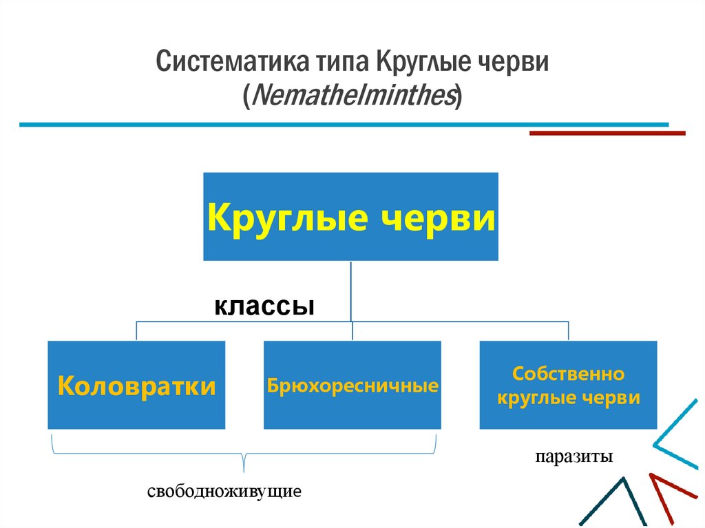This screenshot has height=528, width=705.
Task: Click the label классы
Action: click(x=264, y=305)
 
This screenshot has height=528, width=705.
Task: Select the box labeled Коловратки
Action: click(x=136, y=385)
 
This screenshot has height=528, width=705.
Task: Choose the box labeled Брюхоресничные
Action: click(x=352, y=385)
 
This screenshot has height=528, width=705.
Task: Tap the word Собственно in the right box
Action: click(x=569, y=375)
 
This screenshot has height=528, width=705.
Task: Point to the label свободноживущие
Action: click(x=224, y=493)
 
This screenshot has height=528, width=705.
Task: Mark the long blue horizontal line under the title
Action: click(x=344, y=125)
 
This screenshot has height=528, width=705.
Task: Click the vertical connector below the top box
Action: click(x=351, y=289)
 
